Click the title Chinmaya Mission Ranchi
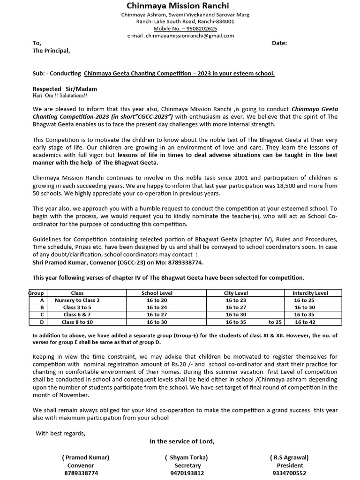coord(179,6)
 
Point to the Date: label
coord(279,43)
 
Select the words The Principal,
coord(51,51)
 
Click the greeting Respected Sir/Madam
coord(65,89)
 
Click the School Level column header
coord(157,293)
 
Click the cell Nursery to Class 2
coord(77,300)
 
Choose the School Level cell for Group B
coord(157,307)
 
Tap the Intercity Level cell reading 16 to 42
coord(304,322)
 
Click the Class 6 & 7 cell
coord(77,315)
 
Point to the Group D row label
coord(42,322)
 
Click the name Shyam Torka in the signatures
coord(186,457)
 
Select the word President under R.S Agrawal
coord(290,465)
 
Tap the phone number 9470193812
coord(187,473)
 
